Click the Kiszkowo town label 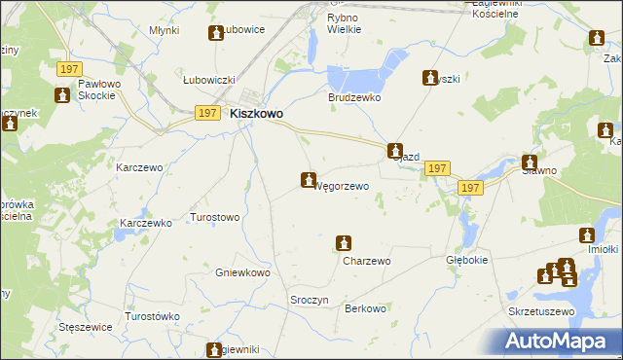point(257,114)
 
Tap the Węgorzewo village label point(340,186)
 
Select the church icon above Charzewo point(343,243)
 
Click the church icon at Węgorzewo point(308,180)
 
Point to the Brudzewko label point(353,98)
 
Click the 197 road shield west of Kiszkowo point(206,114)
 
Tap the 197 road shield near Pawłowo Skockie point(68,69)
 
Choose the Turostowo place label point(214,217)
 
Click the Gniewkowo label point(242,273)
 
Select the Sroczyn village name point(309,300)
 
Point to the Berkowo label point(366,308)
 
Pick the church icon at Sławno point(530,163)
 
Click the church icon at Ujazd point(395,151)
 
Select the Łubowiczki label point(210,80)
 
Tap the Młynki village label point(164,30)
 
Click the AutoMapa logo point(559,341)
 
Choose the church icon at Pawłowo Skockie point(63,95)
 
